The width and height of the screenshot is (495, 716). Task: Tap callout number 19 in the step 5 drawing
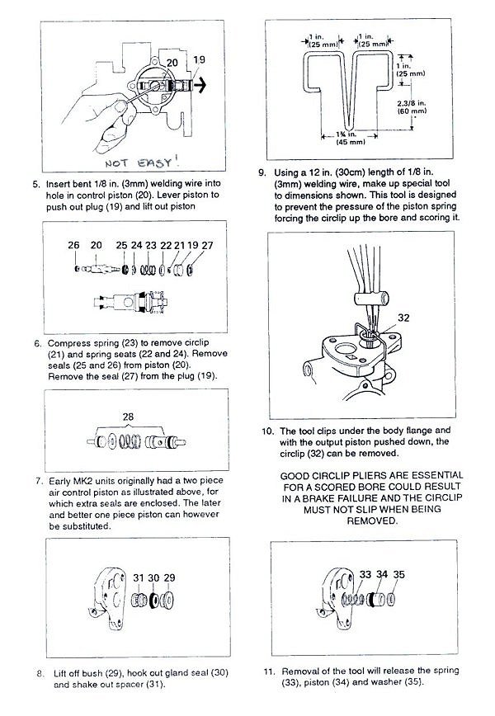pos(199,60)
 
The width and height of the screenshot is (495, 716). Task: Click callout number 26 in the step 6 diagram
pos(73,246)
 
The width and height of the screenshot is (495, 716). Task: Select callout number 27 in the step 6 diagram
pos(207,246)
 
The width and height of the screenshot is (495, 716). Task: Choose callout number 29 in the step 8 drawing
pos(169,577)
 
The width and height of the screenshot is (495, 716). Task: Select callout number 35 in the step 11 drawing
pos(399,573)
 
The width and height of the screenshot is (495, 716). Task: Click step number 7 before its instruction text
pos(40,481)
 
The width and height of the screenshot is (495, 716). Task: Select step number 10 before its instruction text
pos(264,431)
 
